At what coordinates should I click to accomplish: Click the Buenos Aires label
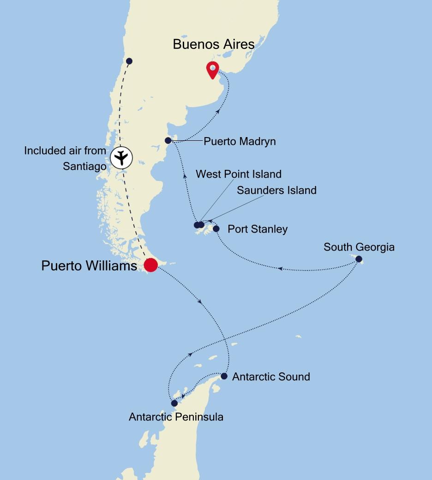[x=213, y=44]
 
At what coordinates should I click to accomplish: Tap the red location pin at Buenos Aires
[x=212, y=70]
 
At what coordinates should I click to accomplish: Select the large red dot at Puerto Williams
[x=150, y=265]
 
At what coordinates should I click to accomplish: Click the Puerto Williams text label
[x=89, y=266]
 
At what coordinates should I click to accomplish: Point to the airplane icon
[x=121, y=158]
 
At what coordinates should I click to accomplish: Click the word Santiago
[x=84, y=166]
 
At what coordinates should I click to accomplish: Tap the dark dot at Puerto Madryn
[x=168, y=140]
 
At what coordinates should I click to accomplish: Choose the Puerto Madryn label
[x=240, y=141]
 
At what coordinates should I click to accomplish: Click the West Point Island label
[x=238, y=174]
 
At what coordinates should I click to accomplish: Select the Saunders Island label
[x=276, y=190]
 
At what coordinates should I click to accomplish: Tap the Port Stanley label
[x=258, y=229]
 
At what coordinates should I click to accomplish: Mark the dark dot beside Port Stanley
[x=216, y=228]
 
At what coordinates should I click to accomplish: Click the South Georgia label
[x=359, y=247]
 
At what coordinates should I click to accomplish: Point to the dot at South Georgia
[x=359, y=259]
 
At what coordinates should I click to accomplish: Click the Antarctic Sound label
[x=271, y=377]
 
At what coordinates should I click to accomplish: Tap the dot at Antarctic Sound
[x=224, y=376]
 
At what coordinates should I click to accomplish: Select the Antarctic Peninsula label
[x=176, y=417]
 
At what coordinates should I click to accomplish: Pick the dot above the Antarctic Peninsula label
[x=174, y=403]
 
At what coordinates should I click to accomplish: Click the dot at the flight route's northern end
[x=129, y=61]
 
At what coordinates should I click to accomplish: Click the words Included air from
[x=65, y=150]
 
